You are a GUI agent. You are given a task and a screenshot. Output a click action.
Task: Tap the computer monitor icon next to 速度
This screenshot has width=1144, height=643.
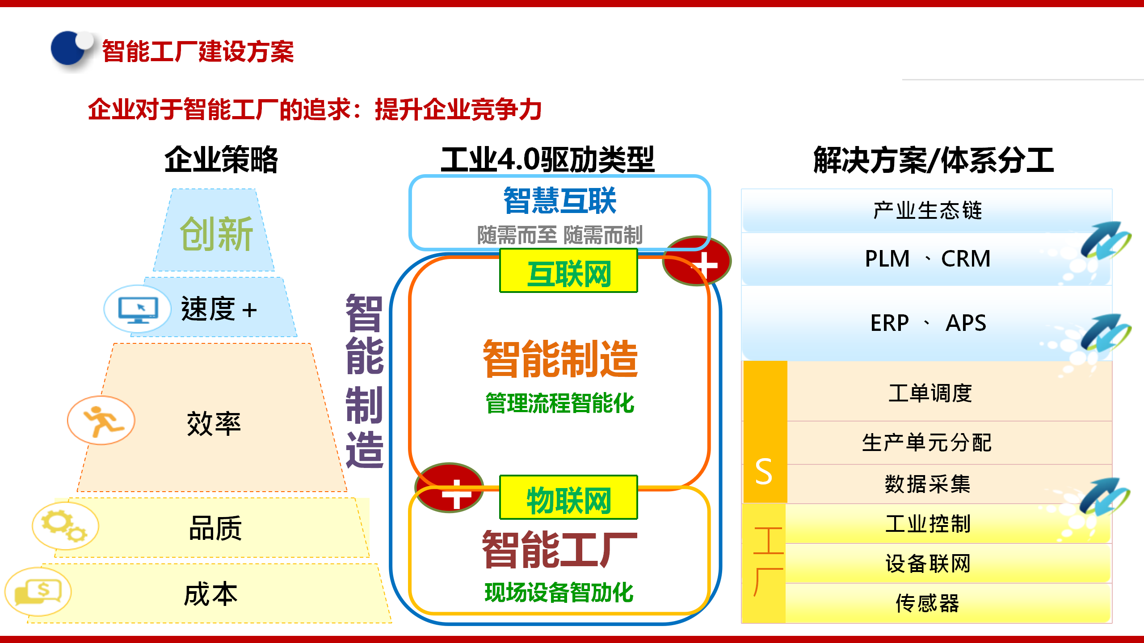138,309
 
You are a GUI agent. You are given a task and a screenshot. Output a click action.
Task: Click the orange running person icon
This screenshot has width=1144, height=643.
101,420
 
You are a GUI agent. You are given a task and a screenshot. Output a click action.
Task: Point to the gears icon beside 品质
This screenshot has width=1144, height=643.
65,526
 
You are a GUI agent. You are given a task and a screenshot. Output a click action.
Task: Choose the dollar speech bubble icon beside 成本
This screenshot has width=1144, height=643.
38,592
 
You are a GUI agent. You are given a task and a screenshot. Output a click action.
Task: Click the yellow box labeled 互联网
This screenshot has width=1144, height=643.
568,271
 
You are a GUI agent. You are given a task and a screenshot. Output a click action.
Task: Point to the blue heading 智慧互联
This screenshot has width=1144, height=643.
559,200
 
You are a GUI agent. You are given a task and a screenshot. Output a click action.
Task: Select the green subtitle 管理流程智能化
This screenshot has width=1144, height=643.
559,403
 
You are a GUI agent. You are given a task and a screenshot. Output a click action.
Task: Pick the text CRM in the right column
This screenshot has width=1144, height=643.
966,259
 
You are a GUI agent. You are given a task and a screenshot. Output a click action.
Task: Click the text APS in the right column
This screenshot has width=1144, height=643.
966,323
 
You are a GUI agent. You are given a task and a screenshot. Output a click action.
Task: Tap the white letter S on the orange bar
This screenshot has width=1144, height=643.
764,472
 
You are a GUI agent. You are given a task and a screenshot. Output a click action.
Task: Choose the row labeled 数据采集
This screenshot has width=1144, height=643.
927,484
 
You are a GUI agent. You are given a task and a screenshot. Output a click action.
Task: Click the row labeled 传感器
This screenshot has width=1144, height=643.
927,603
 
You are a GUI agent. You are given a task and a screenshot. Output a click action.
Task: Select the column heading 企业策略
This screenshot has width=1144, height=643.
221,159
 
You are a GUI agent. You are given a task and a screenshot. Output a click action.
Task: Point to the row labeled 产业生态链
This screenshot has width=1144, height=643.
927,210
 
